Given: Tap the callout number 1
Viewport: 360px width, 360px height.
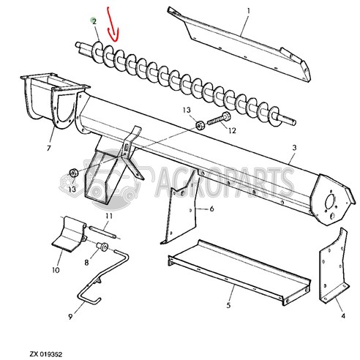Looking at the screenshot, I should (248, 12).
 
